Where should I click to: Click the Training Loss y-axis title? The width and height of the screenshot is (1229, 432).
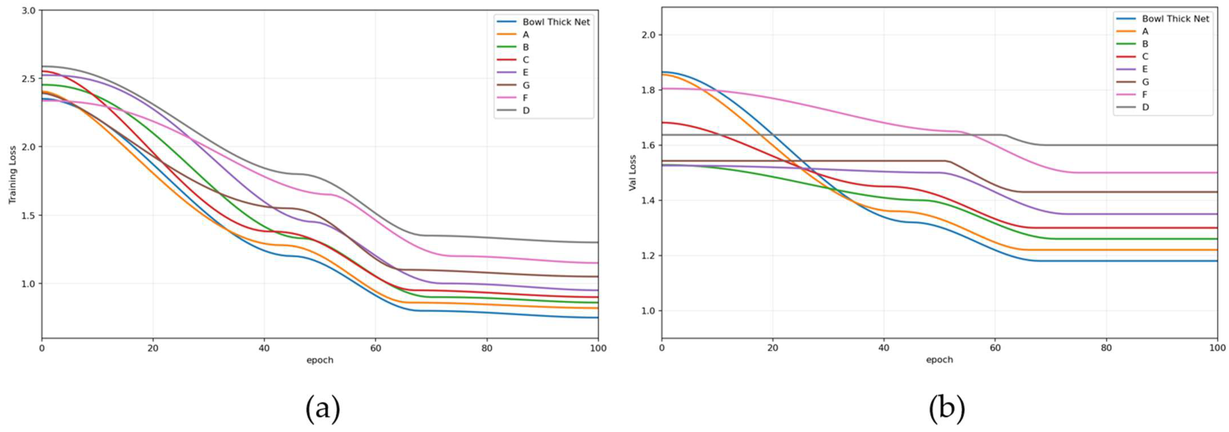tap(12, 175)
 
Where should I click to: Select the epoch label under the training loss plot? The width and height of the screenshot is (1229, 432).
tap(320, 360)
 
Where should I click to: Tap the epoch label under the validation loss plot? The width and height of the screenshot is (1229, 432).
tap(939, 359)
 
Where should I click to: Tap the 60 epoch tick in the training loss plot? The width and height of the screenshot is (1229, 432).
tap(375, 348)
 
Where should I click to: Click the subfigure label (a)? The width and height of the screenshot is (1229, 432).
tap(323, 409)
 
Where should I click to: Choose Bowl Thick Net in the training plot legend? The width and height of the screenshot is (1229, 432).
tap(556, 22)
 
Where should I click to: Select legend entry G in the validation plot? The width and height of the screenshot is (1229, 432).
tap(1145, 82)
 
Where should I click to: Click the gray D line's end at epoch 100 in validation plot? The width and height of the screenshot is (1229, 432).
tap(1217, 145)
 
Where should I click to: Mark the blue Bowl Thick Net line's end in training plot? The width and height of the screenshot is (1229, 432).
tap(598, 317)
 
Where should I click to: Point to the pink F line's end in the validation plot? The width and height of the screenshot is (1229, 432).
tap(1217, 173)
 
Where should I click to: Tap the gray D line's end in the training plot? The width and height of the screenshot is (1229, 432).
tap(598, 242)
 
